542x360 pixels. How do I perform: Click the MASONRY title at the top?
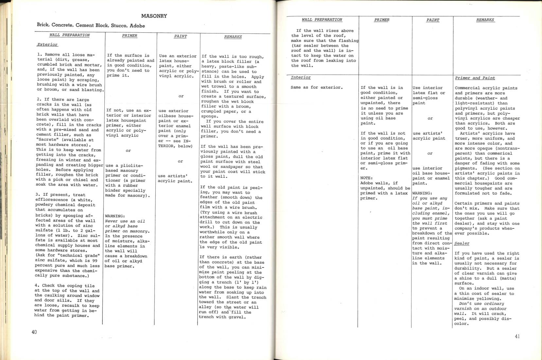tap(154, 16)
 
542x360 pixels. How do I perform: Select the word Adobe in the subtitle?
tap(137, 26)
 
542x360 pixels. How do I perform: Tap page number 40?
tap(34, 332)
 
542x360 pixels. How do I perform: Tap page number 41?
tap(517, 336)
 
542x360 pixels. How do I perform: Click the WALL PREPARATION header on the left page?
tap(69, 35)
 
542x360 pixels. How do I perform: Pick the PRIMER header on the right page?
tap(382, 20)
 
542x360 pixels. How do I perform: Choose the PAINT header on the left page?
tap(180, 36)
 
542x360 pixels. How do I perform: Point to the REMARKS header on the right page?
tap(485, 20)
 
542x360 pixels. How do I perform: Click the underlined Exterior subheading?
tap(47, 45)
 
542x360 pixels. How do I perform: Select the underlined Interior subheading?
tap(301, 78)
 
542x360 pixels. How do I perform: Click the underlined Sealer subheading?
tap(462, 243)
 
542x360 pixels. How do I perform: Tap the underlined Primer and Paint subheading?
tap(475, 78)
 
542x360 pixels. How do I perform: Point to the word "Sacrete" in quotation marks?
tap(46, 140)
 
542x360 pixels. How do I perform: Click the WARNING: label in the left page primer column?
tap(115, 216)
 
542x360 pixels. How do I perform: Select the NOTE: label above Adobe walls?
tap(366, 178)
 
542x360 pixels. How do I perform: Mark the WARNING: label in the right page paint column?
tap(422, 193)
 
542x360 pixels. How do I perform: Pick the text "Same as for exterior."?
tap(317, 87)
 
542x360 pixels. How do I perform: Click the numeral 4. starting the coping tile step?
tap(37, 285)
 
